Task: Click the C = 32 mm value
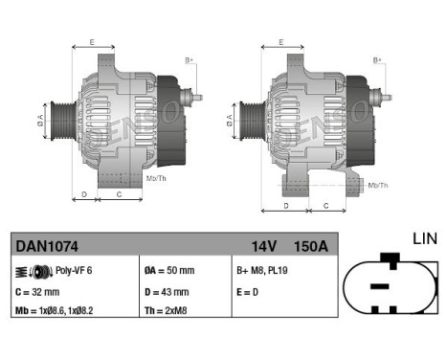[x=38, y=291]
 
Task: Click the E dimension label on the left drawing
[x=92, y=42]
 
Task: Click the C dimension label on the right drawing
[x=325, y=206]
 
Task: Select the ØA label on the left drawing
[x=41, y=120]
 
